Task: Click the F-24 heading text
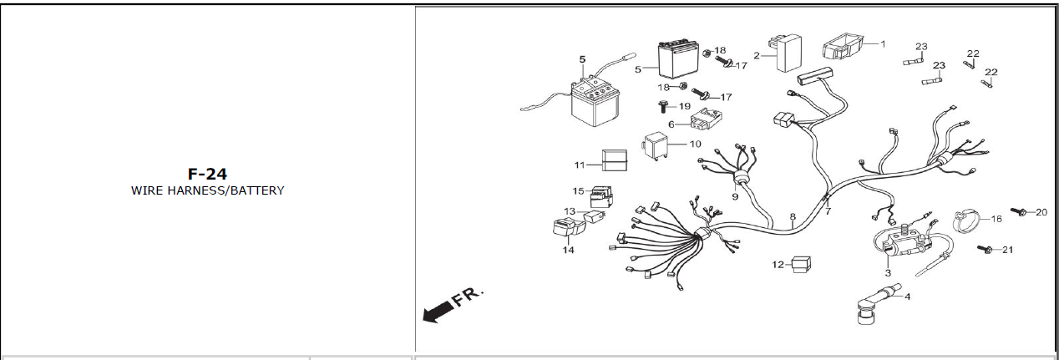click(x=207, y=174)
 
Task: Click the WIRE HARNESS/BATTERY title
click(x=207, y=190)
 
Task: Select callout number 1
click(x=883, y=43)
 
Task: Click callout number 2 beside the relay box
click(x=757, y=56)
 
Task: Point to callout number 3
click(x=888, y=272)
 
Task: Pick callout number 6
click(x=671, y=124)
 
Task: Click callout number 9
click(x=735, y=197)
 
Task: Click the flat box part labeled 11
click(x=615, y=160)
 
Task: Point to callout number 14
click(x=568, y=250)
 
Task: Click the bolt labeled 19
click(x=661, y=106)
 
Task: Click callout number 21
click(x=1007, y=250)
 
